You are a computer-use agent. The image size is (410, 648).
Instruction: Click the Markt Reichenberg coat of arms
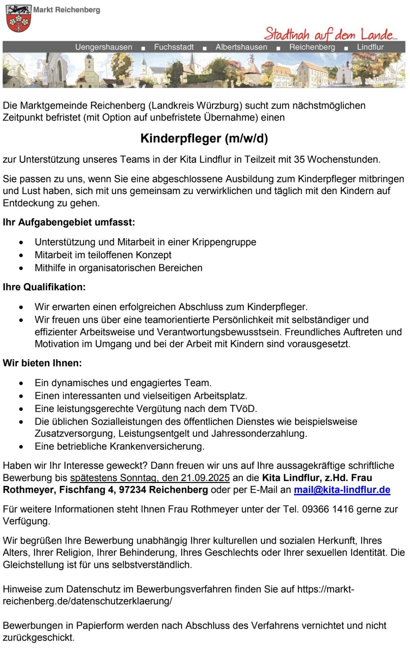(19, 18)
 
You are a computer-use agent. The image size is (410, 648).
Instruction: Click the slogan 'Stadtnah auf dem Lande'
(330, 34)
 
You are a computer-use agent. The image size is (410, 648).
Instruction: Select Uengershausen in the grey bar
(104, 47)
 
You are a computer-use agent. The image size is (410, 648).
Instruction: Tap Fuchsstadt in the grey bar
(174, 47)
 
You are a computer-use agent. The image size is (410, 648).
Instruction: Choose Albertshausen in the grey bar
(241, 47)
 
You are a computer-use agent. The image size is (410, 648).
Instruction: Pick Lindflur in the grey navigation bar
(370, 47)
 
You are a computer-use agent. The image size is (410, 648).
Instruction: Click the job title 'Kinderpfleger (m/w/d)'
(204, 138)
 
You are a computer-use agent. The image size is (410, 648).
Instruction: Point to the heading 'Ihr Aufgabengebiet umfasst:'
(69, 222)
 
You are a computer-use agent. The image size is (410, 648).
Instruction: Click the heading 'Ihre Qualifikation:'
(44, 287)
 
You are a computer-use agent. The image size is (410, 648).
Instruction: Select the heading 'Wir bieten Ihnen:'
(43, 363)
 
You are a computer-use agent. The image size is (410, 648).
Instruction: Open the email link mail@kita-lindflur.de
(342, 490)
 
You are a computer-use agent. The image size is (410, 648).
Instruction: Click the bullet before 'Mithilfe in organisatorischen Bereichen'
(22, 268)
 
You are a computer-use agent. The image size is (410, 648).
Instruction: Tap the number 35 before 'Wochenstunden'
(299, 159)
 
